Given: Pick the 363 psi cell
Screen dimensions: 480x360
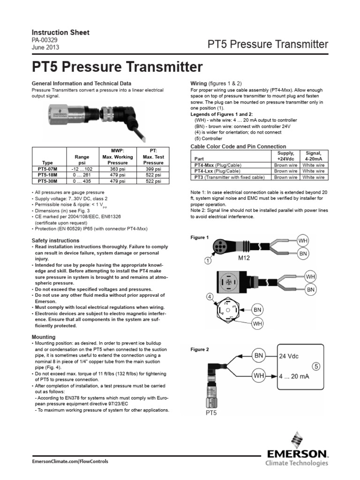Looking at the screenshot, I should pos(117,168).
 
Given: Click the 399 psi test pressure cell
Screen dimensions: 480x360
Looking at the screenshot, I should pos(153,168).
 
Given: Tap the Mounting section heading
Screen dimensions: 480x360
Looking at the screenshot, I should pos(43,337).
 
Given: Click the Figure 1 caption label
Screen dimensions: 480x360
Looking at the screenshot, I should pos(199,238).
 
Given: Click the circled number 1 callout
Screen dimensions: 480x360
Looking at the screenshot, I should pos(207,260).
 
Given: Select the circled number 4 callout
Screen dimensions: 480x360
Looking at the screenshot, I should pos(210,297).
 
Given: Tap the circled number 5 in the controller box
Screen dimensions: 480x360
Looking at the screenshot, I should pos(316,367).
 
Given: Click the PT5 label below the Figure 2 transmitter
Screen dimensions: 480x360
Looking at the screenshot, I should pos(212,413).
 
